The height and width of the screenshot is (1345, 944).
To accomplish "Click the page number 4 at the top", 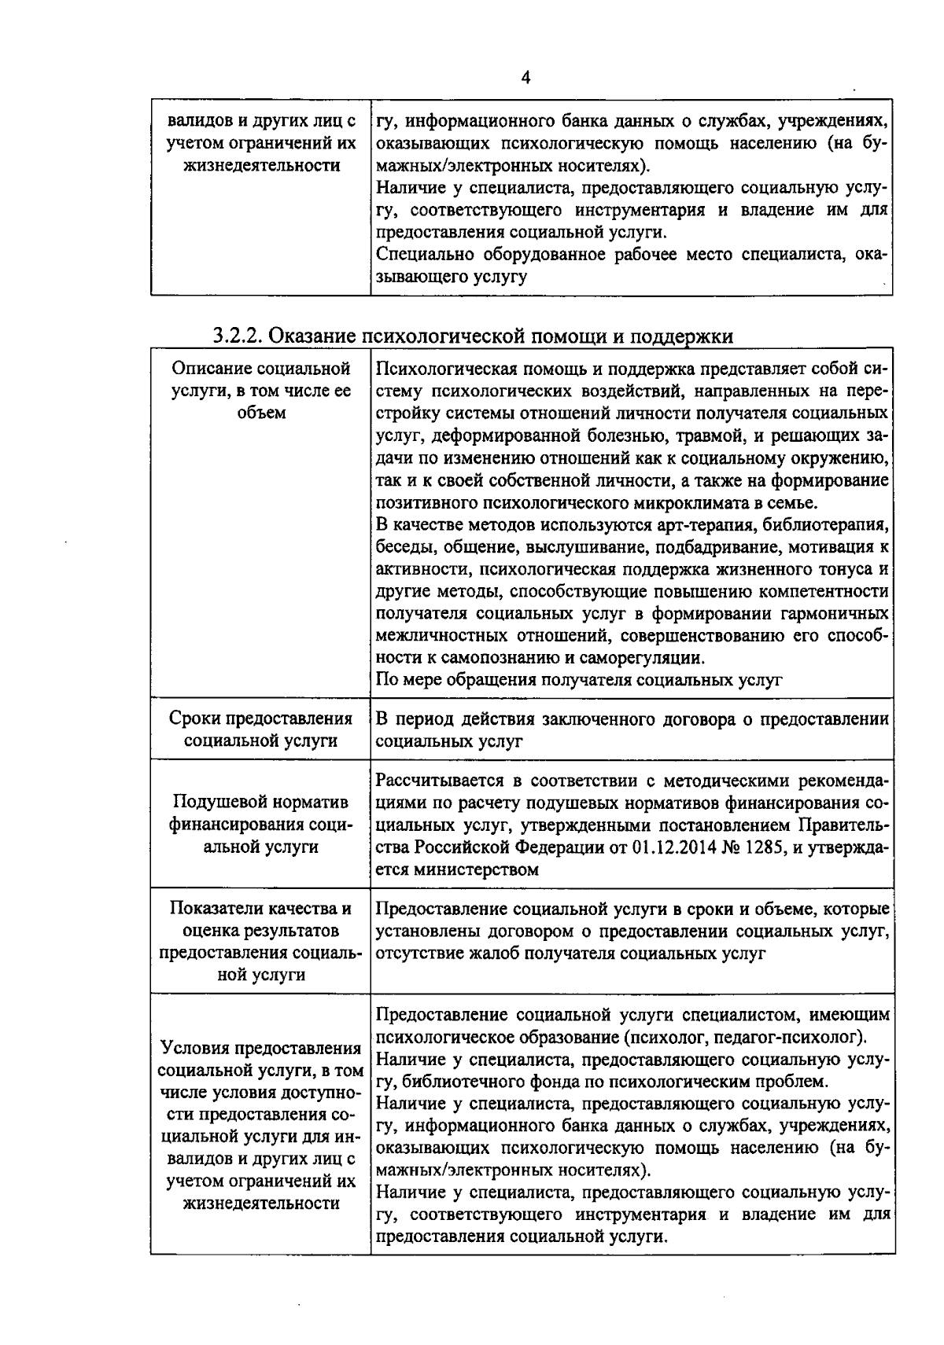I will coord(525,77).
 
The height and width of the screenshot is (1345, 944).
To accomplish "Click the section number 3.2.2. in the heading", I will coord(239,336).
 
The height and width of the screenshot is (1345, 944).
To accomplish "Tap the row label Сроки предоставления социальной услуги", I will coord(260,729).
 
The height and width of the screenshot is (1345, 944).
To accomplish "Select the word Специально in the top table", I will coord(417,255).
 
